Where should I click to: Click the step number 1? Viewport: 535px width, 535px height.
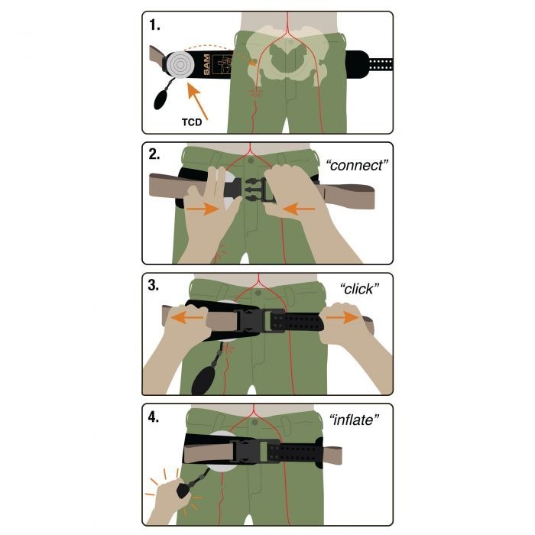pos(154,25)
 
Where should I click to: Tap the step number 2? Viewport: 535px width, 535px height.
pos(154,154)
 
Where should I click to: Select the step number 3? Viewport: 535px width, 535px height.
pos(154,285)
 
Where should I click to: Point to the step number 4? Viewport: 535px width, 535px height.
pos(154,417)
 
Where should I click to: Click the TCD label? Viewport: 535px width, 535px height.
pos(192,122)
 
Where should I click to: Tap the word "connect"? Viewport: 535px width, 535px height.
pos(357,165)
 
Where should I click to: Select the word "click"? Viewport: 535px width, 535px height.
pos(359,289)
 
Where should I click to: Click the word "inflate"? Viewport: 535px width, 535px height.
pos(354,420)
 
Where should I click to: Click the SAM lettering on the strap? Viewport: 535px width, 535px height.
pos(206,64)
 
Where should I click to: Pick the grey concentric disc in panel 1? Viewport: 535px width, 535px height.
pos(180,64)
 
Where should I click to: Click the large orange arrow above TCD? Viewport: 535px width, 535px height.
pos(197,102)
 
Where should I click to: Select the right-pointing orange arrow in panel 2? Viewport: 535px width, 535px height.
pos(203,209)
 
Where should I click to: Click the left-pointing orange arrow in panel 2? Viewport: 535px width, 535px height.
pos(299,209)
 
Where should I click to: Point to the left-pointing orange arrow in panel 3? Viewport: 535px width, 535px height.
pos(187,318)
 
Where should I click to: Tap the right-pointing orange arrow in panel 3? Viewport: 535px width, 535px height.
pos(342,317)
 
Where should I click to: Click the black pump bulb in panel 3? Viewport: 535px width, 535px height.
pos(204,379)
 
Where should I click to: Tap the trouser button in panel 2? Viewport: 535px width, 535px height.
pos(251,160)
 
